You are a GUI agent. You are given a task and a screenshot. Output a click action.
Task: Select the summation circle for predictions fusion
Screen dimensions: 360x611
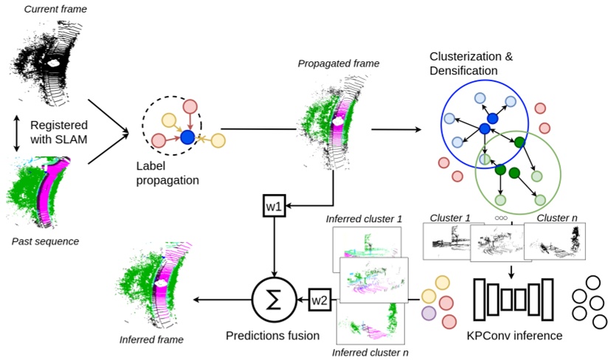273,299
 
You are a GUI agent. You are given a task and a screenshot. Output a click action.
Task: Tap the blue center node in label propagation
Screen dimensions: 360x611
187,137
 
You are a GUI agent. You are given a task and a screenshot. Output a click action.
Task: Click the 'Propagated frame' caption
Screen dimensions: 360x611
339,63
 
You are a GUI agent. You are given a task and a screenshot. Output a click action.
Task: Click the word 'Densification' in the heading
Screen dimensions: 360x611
463,71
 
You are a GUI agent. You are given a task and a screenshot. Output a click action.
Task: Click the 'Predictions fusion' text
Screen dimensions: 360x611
272,335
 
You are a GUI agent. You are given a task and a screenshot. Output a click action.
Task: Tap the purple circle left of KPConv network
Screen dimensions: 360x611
429,314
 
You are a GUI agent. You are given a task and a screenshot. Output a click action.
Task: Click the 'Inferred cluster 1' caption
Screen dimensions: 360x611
364,219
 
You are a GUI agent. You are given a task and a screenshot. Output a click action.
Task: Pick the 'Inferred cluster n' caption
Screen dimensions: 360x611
370,352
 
